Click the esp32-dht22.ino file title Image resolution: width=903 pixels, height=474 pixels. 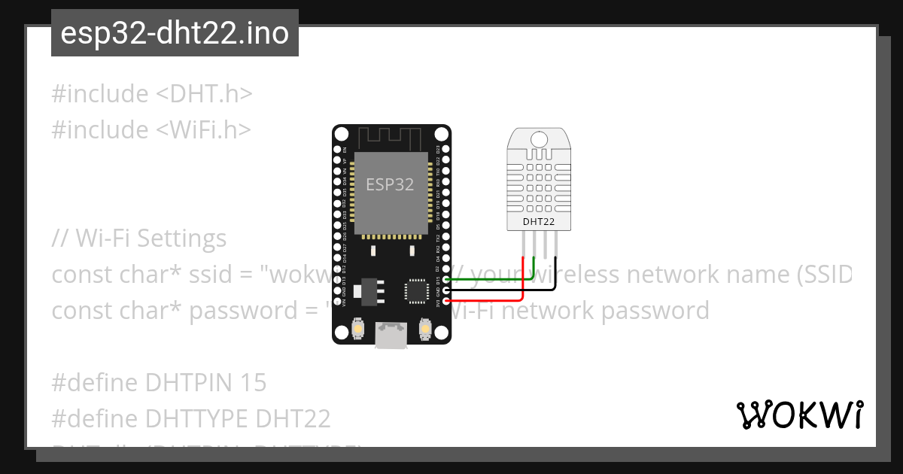175,34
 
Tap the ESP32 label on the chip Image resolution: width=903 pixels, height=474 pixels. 390,184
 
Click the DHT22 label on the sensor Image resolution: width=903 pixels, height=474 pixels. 540,222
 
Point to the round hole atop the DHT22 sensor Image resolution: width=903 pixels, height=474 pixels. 540,138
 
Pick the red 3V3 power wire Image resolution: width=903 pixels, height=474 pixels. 489,299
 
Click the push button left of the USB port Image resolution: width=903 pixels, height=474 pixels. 358,329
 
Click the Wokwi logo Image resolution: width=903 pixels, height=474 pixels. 799,415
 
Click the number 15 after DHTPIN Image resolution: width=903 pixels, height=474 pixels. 254,383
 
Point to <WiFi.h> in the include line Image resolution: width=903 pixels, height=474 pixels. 203,130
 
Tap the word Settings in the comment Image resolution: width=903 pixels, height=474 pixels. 181,239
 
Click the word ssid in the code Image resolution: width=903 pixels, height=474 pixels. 221,275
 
